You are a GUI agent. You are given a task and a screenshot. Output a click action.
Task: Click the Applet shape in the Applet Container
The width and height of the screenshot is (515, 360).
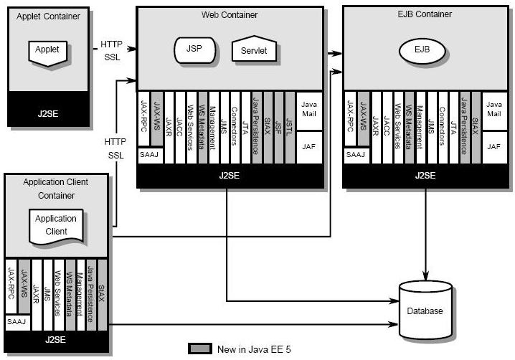pyautogui.click(x=48, y=50)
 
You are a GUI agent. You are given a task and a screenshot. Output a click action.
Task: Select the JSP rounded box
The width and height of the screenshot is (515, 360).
pyautogui.click(x=194, y=49)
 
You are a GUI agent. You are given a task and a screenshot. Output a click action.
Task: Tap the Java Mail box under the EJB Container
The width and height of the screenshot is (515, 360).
pyautogui.click(x=493, y=109)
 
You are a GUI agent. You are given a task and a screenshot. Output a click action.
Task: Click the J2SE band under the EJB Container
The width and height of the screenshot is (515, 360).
pyautogui.click(x=425, y=175)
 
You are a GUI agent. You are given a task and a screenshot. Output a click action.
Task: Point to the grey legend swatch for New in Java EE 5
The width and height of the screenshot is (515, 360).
pyautogui.click(x=199, y=349)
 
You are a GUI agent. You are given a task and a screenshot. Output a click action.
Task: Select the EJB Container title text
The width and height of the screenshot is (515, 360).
pyautogui.click(x=425, y=14)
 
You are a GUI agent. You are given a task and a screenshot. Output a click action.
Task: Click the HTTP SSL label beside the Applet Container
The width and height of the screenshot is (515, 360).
pyautogui.click(x=112, y=50)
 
